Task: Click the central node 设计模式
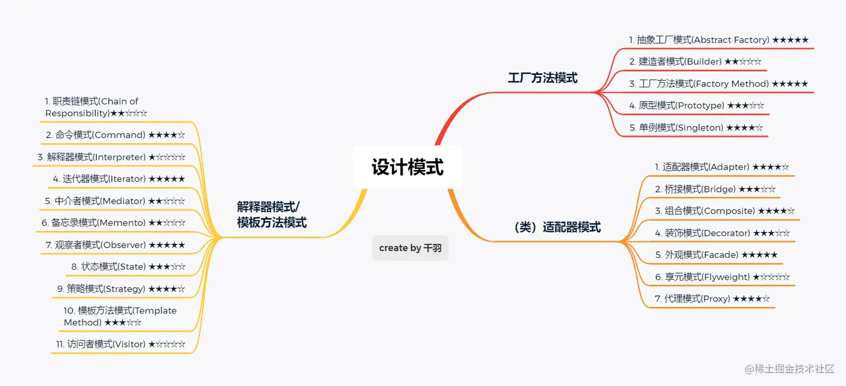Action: tap(407, 167)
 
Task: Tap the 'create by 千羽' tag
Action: tap(410, 248)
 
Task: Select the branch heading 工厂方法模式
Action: tap(542, 78)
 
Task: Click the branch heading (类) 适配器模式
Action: tap(556, 228)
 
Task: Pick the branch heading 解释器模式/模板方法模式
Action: tap(271, 214)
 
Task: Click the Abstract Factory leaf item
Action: tap(718, 40)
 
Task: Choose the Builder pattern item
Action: tap(695, 62)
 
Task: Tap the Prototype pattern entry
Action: tap(696, 106)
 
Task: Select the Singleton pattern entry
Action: tap(695, 128)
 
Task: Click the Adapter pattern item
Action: tap(722, 167)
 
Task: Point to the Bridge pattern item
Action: tap(715, 189)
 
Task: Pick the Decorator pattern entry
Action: tap(722, 233)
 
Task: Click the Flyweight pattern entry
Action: tap(722, 277)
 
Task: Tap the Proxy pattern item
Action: tap(712, 299)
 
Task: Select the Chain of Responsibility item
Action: tap(96, 107)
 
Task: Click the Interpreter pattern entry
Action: tap(111, 157)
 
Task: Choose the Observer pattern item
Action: tap(115, 245)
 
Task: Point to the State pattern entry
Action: tap(128, 267)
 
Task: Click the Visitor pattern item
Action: tap(120, 345)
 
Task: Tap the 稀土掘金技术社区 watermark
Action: tap(789, 369)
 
